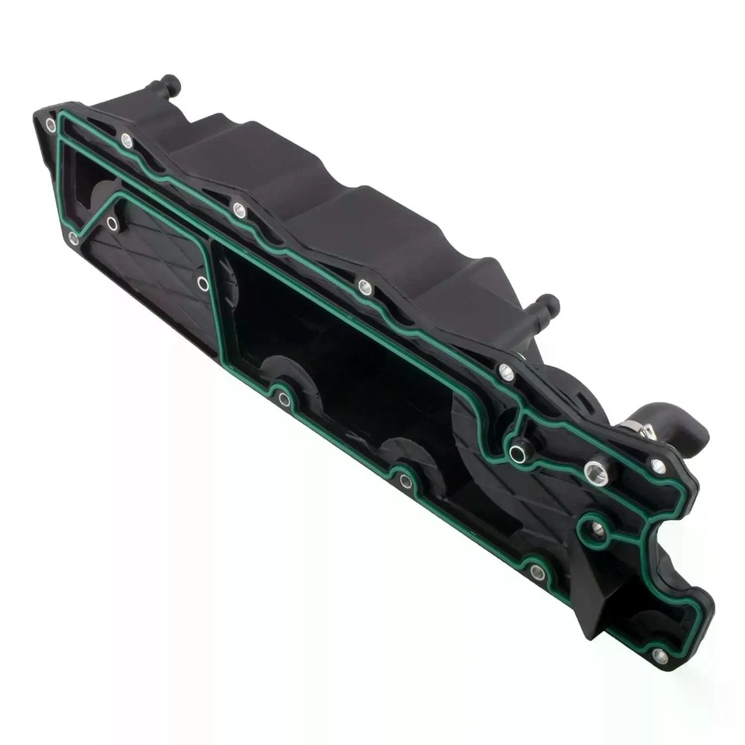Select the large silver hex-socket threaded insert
[596, 473]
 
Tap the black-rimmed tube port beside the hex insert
[518, 452]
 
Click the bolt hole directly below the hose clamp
[658, 466]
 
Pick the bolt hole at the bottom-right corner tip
[660, 656]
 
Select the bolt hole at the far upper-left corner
[50, 124]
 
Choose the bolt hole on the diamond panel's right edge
[203, 283]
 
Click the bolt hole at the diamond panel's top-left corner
[113, 223]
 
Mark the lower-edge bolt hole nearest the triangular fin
[537, 573]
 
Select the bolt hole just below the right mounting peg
[506, 372]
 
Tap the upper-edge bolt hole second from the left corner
[126, 140]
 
